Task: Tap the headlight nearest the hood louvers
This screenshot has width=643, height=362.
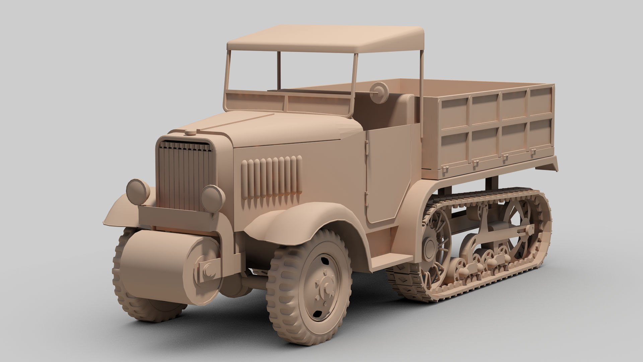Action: click(213, 198)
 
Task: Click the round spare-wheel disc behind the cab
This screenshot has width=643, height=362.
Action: click(379, 89)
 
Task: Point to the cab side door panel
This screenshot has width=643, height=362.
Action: click(388, 174)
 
